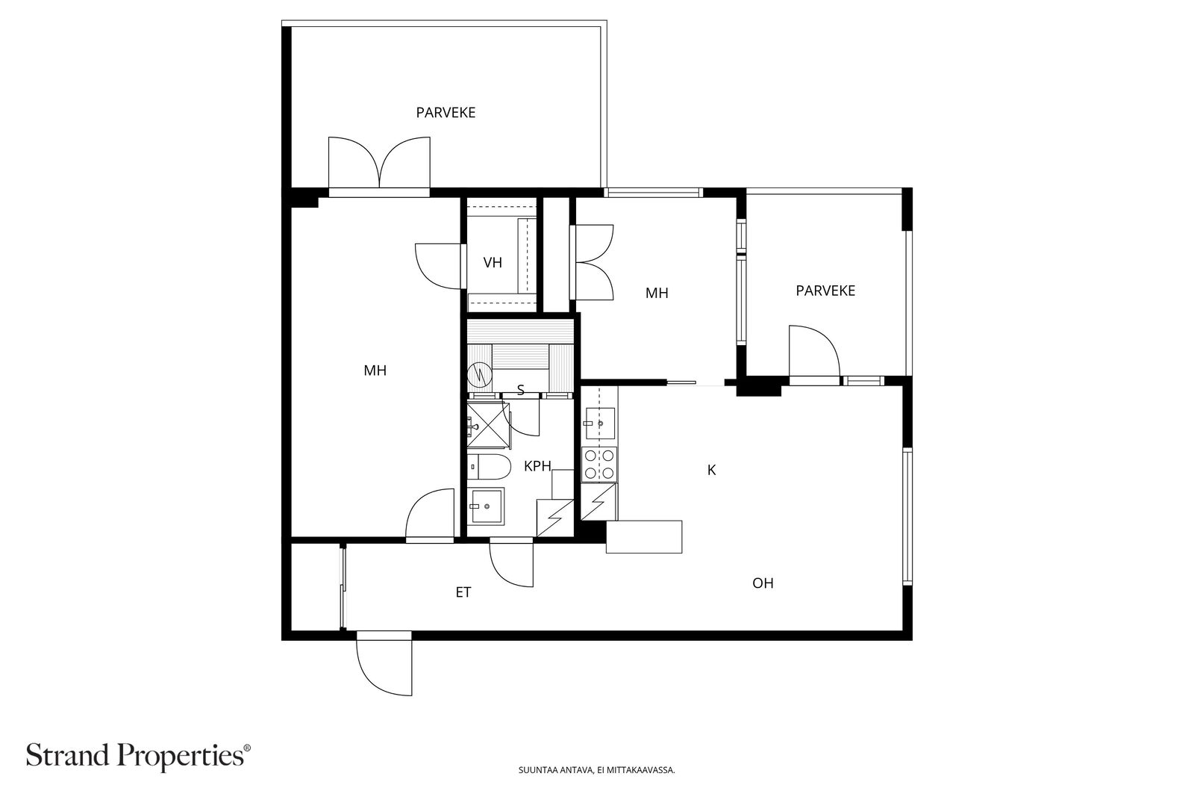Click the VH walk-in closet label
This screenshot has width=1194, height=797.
(493, 262)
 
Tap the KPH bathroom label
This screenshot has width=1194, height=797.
(537, 466)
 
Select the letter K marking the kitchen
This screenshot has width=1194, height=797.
(711, 470)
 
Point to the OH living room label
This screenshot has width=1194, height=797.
(763, 583)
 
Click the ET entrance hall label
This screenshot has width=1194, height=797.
(463, 592)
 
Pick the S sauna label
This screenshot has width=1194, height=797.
(521, 391)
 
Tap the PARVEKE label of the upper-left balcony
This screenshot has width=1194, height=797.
(446, 113)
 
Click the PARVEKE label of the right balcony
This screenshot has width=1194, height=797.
(825, 291)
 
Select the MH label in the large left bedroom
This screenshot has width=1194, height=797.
(375, 370)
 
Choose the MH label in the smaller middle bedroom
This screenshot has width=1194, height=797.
(657, 293)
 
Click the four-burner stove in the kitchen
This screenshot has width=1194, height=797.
(600, 464)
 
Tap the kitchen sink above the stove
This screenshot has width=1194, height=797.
(600, 423)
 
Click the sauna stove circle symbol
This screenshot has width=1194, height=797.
(479, 376)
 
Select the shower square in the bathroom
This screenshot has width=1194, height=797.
(487, 426)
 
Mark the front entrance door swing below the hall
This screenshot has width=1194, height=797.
(384, 663)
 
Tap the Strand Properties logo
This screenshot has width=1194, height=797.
(138, 756)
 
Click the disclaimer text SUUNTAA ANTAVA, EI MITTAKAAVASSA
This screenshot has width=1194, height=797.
(596, 770)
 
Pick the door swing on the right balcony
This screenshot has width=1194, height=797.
(814, 351)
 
